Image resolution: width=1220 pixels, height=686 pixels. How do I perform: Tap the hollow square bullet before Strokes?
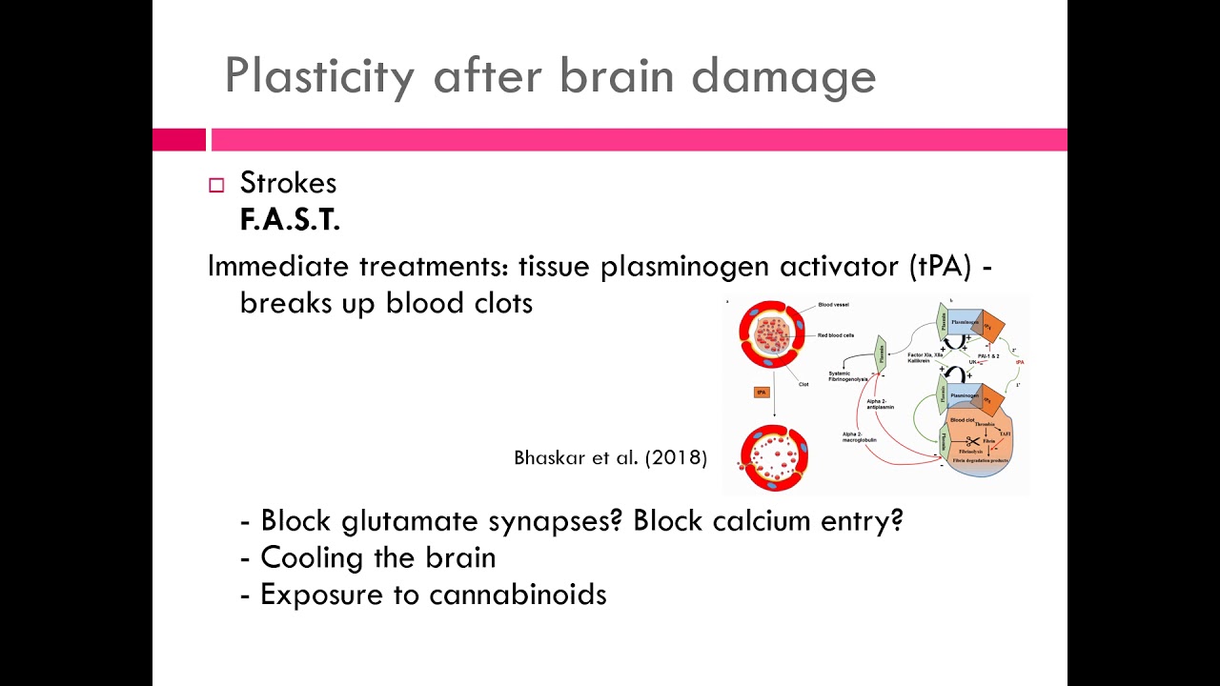tap(216, 186)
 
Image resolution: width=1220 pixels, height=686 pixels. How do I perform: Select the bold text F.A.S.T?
tap(290, 220)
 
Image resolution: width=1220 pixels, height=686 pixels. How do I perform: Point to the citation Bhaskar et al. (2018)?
tap(610, 457)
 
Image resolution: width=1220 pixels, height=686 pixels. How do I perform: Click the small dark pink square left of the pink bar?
tap(178, 140)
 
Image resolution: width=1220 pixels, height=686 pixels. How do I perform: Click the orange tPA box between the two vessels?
tap(762, 392)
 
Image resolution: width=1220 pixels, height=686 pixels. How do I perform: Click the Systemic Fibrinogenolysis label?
tap(846, 376)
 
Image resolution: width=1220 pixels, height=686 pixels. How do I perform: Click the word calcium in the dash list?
tap(759, 521)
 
